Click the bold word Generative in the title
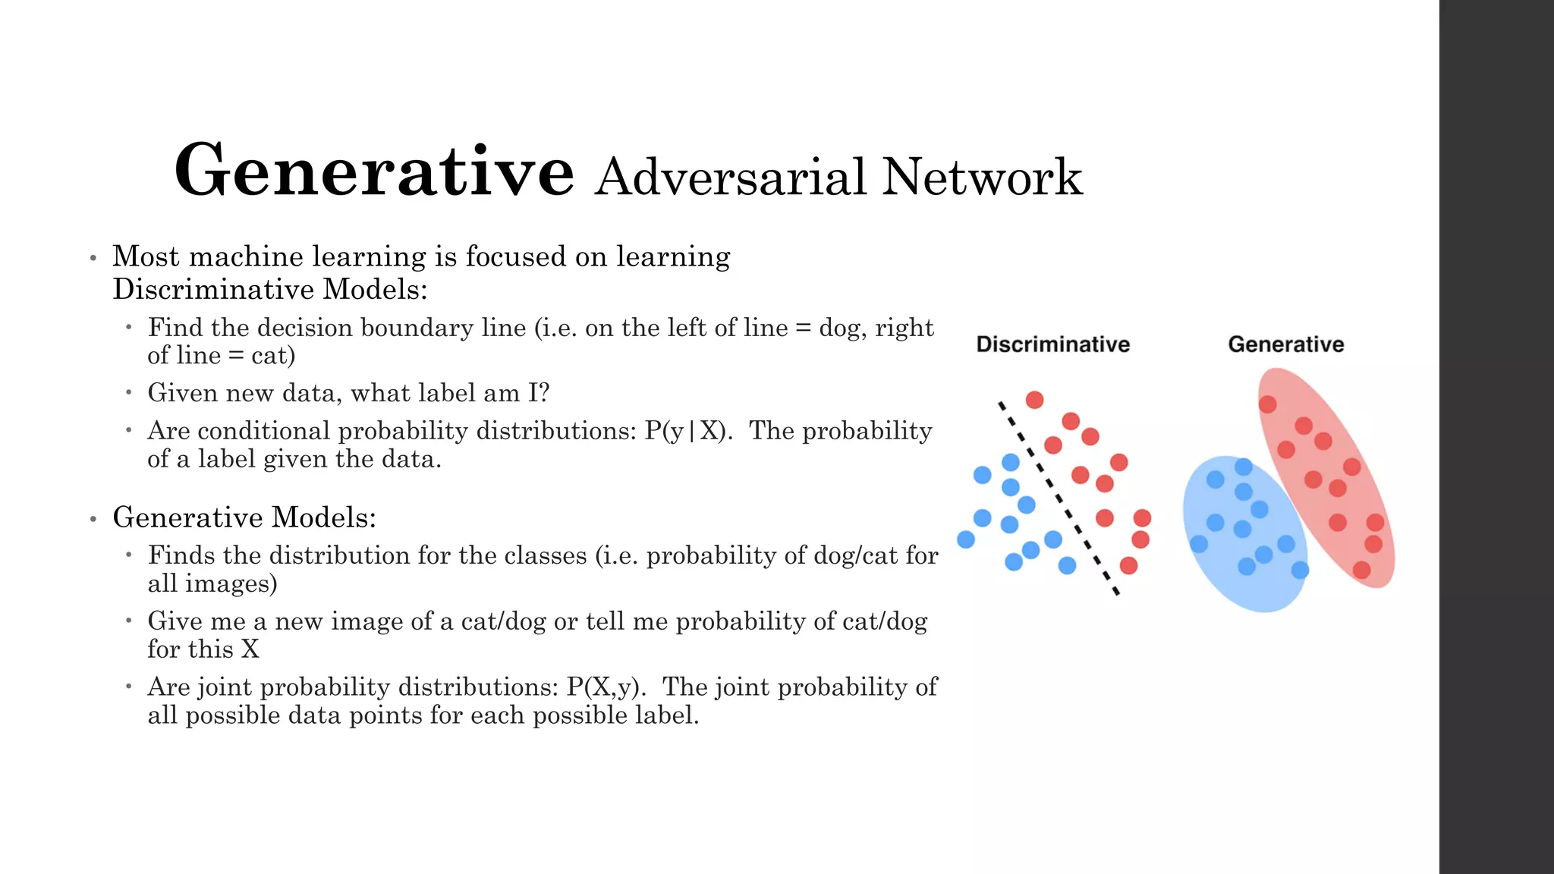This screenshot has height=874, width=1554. [373, 171]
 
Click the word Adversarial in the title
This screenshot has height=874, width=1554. [731, 178]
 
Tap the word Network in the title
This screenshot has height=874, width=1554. [982, 178]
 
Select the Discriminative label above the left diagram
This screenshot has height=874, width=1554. [1052, 344]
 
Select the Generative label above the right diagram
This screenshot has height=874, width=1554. [1285, 344]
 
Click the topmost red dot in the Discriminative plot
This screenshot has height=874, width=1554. [1034, 400]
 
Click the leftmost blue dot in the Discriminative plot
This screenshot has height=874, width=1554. [966, 539]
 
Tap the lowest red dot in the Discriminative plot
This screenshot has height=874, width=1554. [1128, 565]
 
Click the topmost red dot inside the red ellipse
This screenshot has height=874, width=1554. [1267, 404]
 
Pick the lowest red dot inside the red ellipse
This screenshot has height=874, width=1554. [1361, 570]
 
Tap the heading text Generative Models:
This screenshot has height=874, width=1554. [244, 517]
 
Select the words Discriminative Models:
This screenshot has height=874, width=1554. [270, 290]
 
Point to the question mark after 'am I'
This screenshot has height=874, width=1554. [544, 393]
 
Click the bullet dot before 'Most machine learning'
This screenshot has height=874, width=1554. [93, 259]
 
